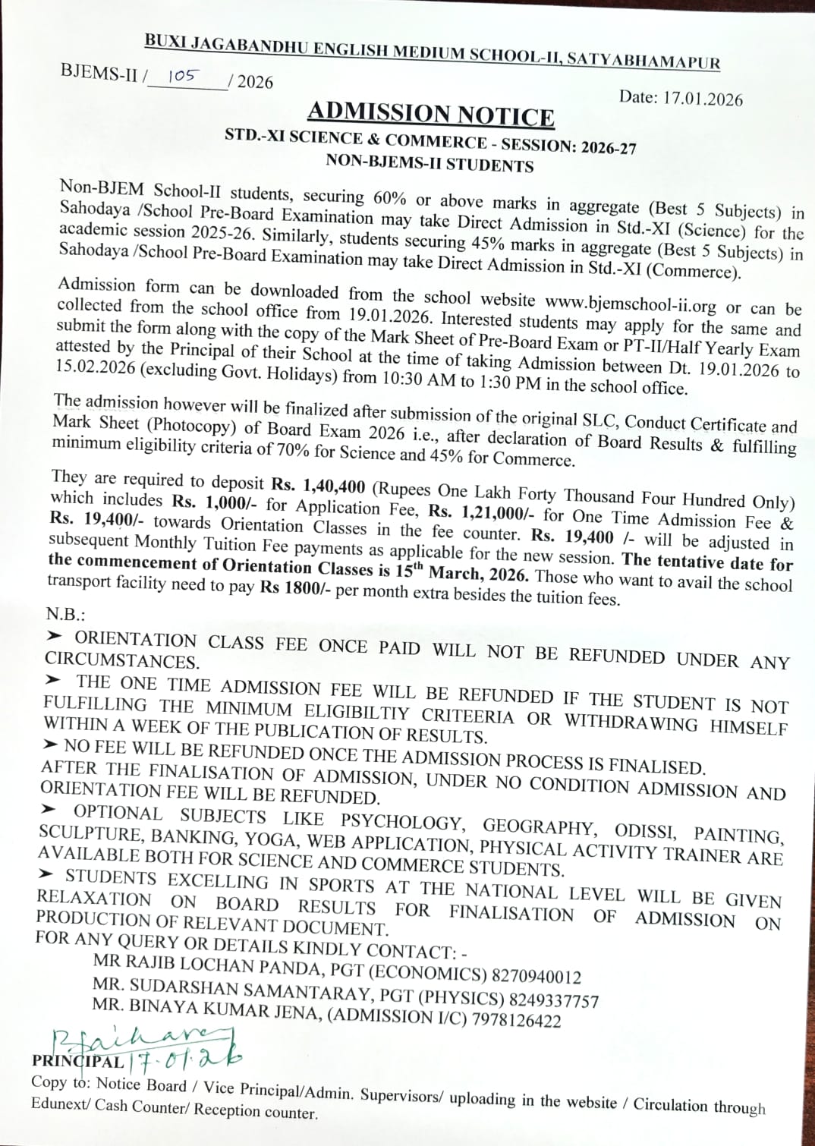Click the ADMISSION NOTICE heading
[430, 115]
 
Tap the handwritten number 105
[182, 76]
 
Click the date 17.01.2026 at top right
[702, 99]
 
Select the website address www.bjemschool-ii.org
[630, 304]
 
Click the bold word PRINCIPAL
[77, 1061]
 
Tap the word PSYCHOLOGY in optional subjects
[401, 821]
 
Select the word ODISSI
[644, 830]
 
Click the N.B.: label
[65, 613]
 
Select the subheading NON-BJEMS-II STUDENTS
[430, 163]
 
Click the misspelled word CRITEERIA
[467, 715]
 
